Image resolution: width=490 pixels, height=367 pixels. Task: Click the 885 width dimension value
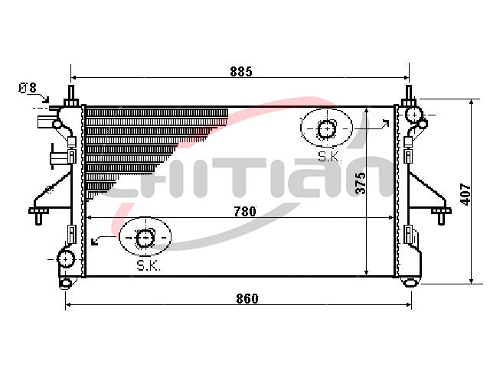(x=241, y=72)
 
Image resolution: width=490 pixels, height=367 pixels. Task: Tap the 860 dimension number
(x=247, y=299)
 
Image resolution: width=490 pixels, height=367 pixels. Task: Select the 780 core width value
(x=245, y=212)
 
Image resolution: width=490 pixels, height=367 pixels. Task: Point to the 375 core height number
(x=361, y=183)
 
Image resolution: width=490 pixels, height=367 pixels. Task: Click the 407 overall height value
(x=465, y=194)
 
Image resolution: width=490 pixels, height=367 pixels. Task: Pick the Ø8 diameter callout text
(x=28, y=88)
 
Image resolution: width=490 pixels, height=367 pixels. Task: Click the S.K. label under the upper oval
(x=329, y=157)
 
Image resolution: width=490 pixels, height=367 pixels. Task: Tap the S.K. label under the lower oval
(x=149, y=265)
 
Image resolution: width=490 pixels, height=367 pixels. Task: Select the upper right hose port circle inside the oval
(x=327, y=129)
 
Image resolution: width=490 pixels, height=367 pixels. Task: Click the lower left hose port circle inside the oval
(x=145, y=239)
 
